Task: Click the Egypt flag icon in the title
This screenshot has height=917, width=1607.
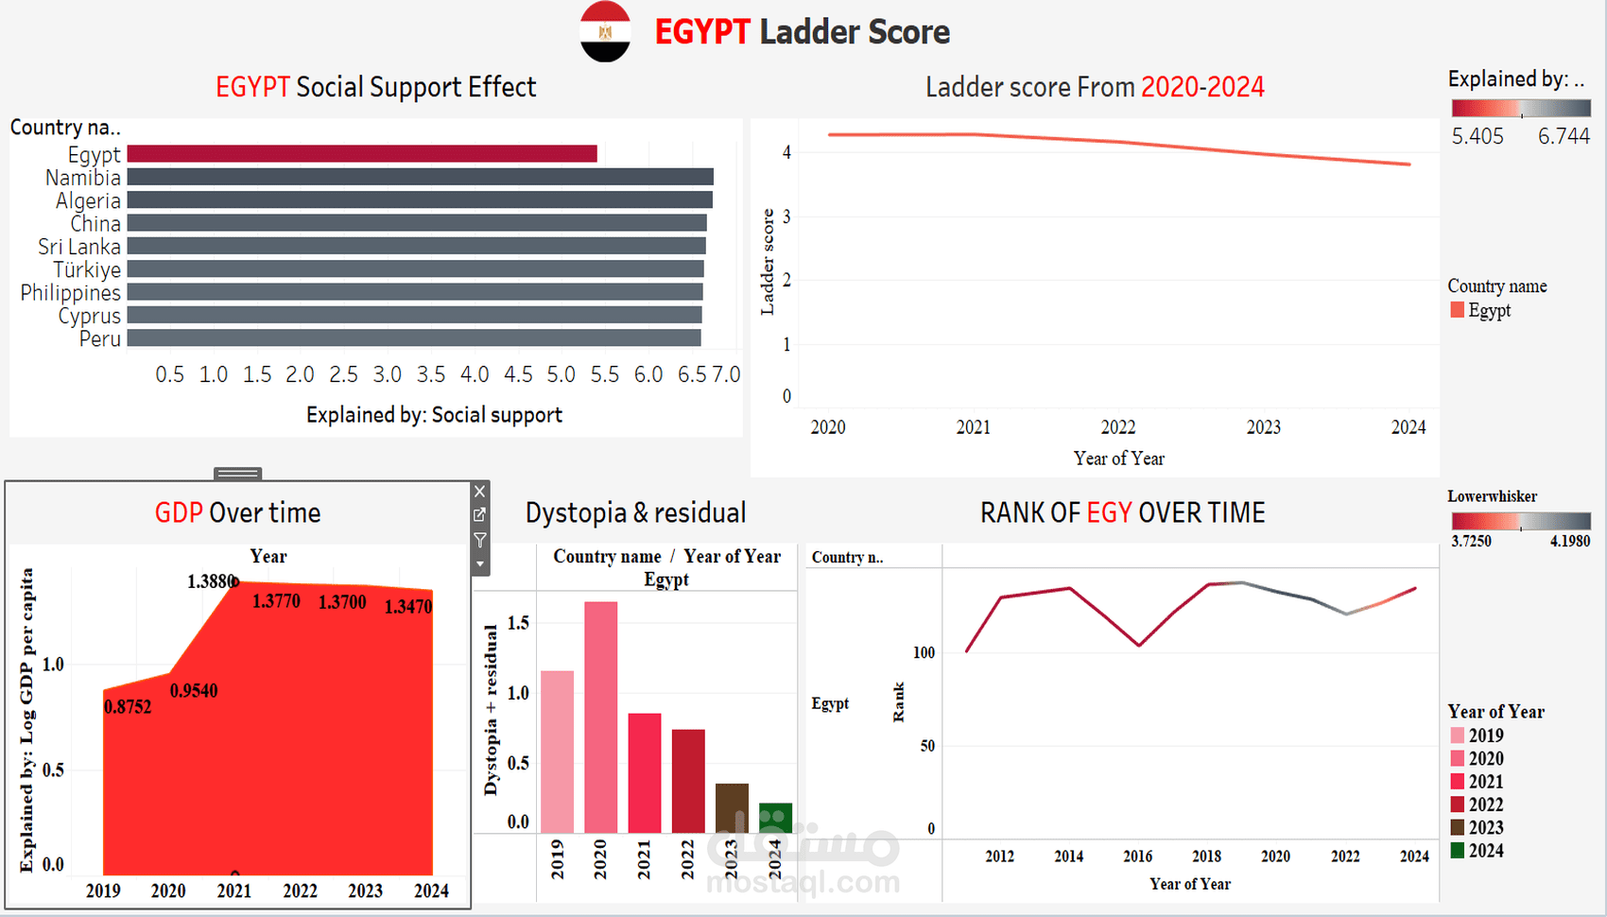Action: pyautogui.click(x=605, y=32)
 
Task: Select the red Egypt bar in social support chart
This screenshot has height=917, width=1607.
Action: pyautogui.click(x=362, y=153)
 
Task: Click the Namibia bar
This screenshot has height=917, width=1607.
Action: pyautogui.click(x=420, y=177)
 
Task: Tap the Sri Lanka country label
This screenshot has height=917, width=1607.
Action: pyautogui.click(x=79, y=247)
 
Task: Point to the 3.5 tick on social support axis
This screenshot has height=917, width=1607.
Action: pyautogui.click(x=431, y=374)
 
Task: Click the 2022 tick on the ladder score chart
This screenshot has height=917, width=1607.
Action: pyautogui.click(x=1118, y=427)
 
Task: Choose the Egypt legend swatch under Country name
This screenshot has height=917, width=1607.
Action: pyautogui.click(x=1457, y=310)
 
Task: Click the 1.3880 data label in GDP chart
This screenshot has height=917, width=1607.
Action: pyautogui.click(x=210, y=581)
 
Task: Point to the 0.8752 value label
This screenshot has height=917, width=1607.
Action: pyautogui.click(x=128, y=707)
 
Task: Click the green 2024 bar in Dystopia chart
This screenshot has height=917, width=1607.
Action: pyautogui.click(x=775, y=818)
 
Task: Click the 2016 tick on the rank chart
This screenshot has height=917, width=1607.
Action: pyautogui.click(x=1137, y=856)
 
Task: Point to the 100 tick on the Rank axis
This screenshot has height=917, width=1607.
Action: pyautogui.click(x=924, y=652)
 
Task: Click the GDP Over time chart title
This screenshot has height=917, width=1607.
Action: pyautogui.click(x=237, y=513)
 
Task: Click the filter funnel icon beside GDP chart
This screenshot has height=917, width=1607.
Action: pyautogui.click(x=480, y=540)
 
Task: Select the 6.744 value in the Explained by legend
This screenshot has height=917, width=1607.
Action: pyautogui.click(x=1564, y=136)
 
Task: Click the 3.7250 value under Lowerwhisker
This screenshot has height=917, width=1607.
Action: pyautogui.click(x=1471, y=542)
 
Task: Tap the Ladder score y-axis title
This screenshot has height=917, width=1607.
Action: pyautogui.click(x=768, y=262)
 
